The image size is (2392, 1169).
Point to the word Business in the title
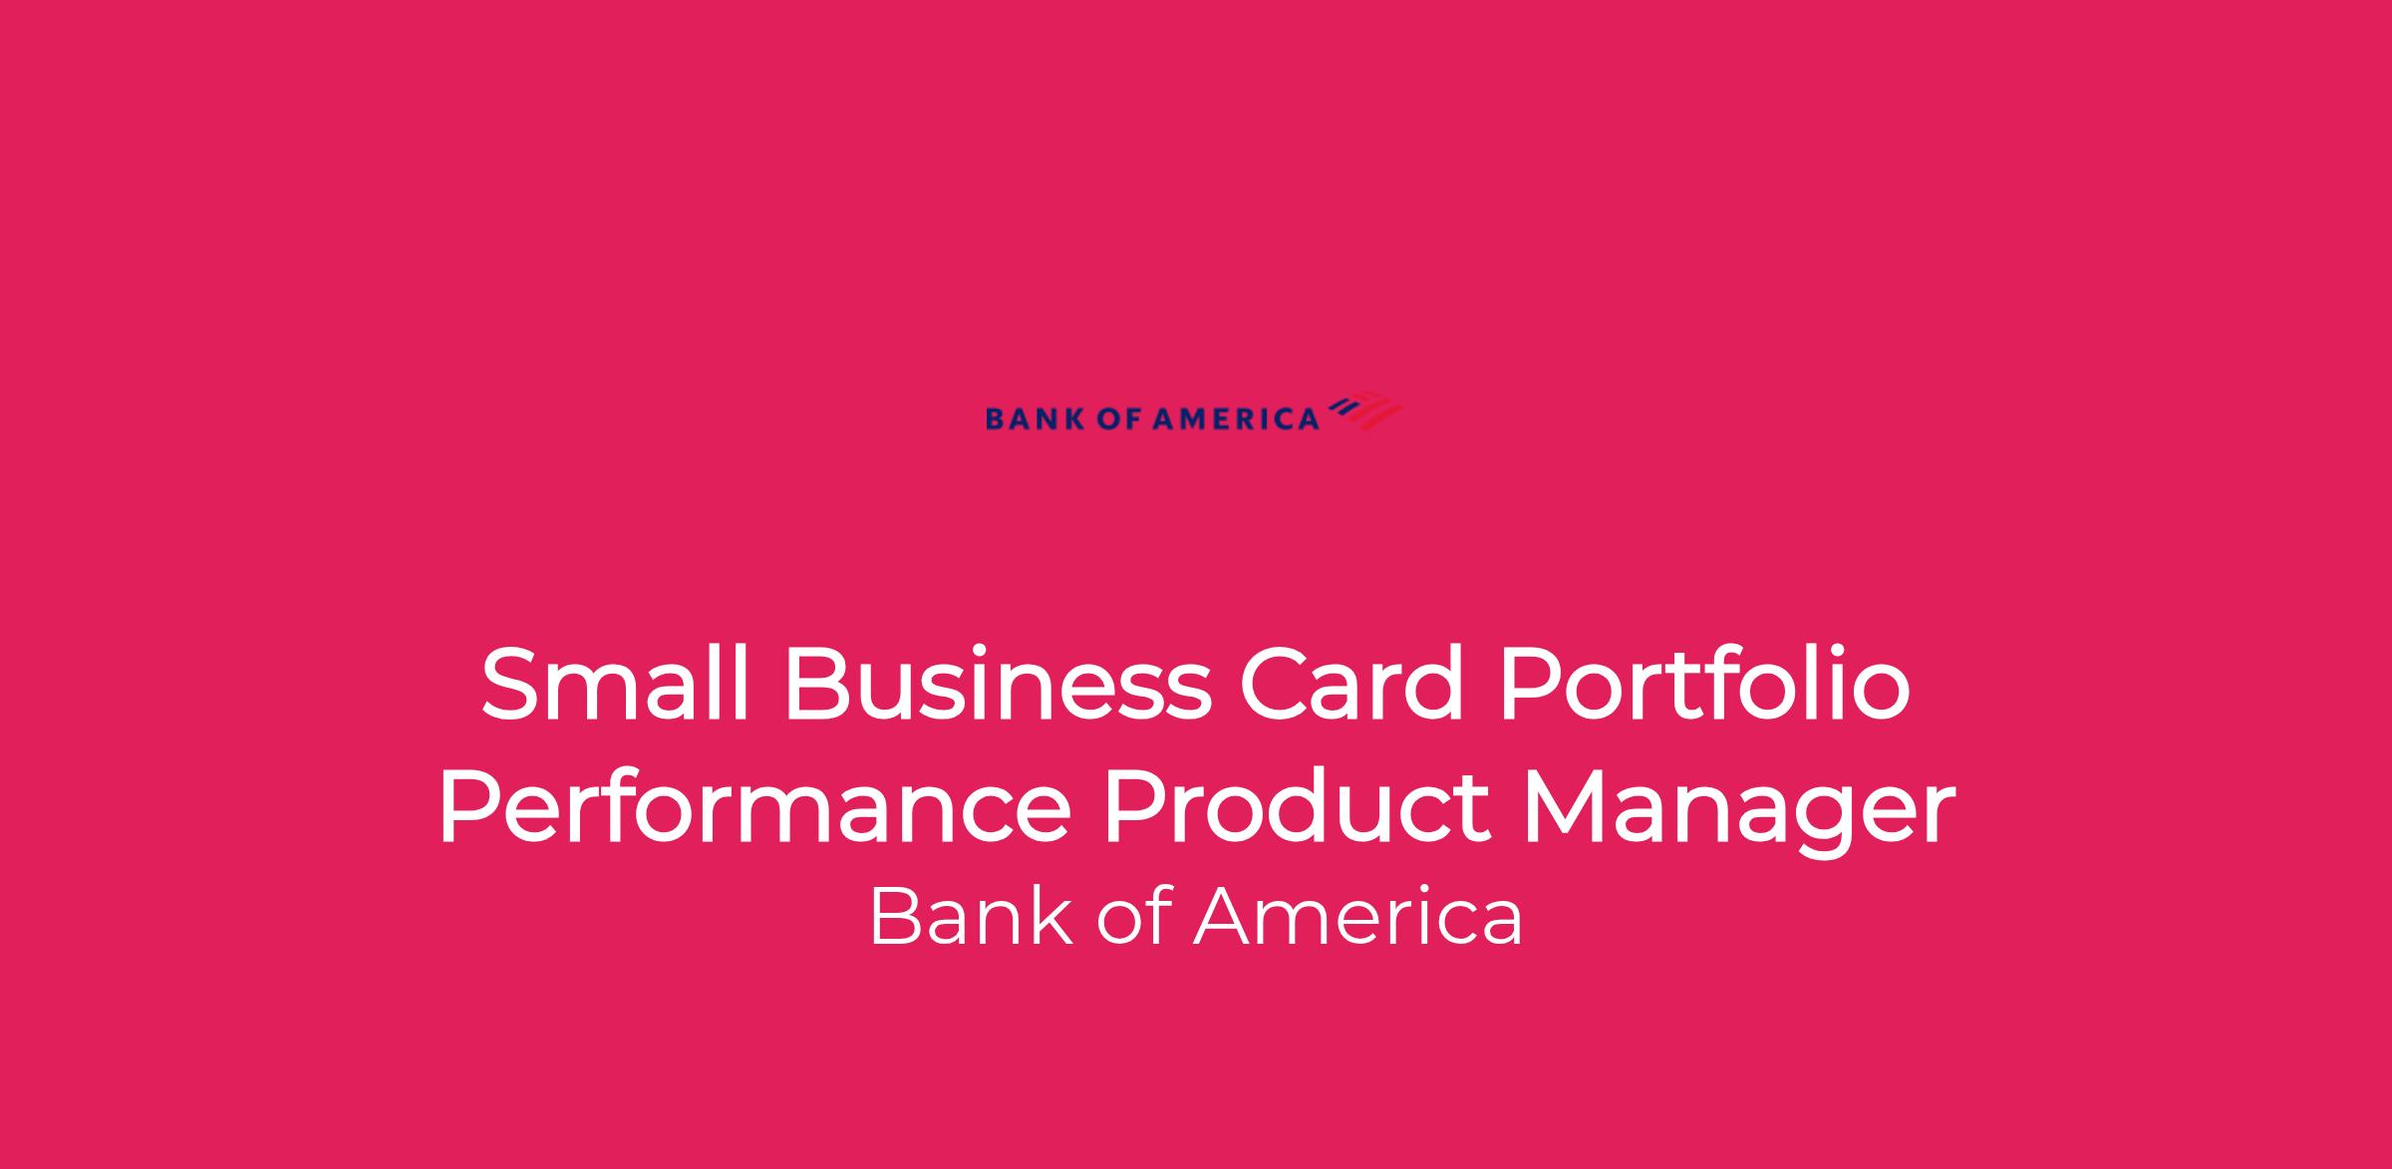tap(998, 685)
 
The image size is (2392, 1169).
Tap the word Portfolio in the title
tap(1703, 685)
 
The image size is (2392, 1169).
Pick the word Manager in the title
tap(1739, 812)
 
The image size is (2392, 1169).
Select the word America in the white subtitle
tap(1357, 917)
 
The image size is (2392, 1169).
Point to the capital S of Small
tap(514, 685)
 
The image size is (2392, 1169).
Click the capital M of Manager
tap(1569, 808)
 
